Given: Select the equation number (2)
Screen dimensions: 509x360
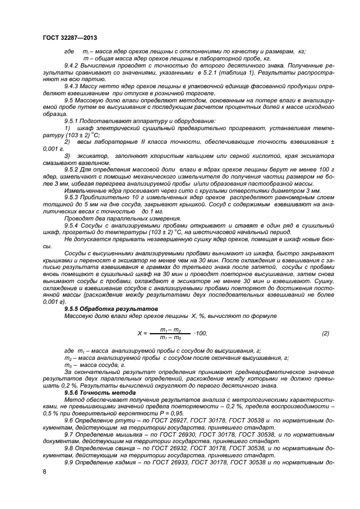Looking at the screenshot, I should click(326, 333).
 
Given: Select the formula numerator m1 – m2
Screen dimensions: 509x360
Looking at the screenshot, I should click(170, 329).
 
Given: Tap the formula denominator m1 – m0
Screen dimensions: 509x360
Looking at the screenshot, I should click(170, 338).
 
